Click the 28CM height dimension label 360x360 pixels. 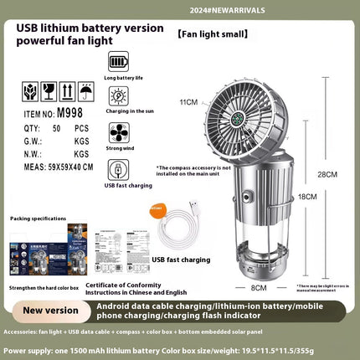coord(332,174)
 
